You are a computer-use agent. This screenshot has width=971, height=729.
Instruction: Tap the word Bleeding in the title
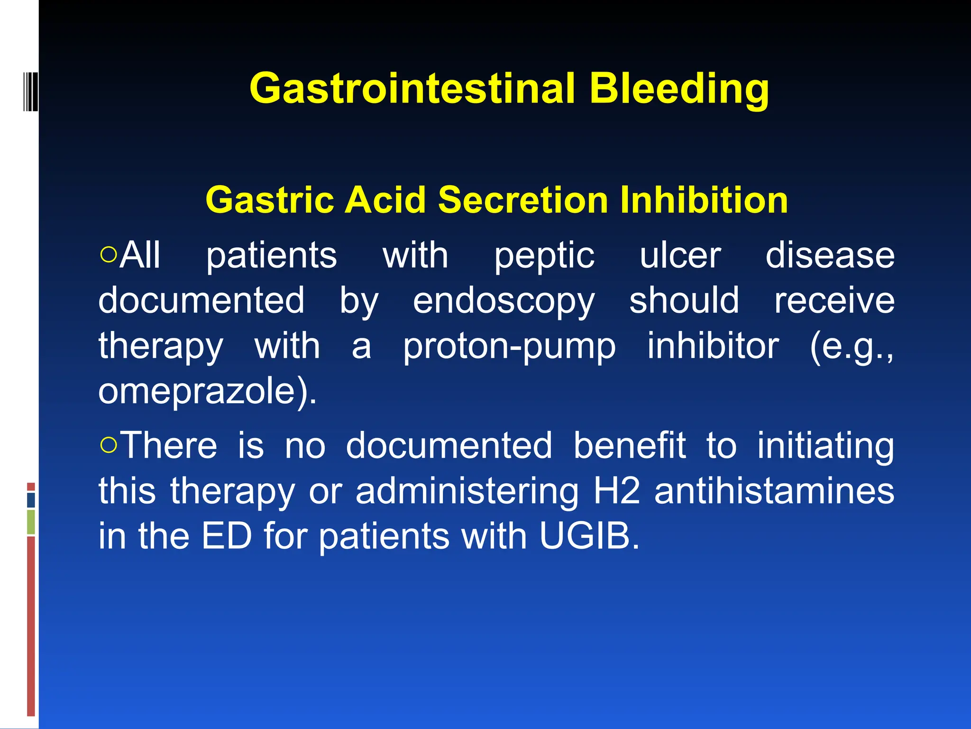click(679, 89)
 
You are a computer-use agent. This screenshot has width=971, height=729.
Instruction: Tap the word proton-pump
click(509, 346)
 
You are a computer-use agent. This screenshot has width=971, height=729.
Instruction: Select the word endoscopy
click(504, 301)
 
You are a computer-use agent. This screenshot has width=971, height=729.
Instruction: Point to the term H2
click(617, 491)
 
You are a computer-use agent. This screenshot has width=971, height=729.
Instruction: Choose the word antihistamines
click(774, 491)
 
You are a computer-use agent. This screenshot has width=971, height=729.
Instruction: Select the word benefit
click(629, 445)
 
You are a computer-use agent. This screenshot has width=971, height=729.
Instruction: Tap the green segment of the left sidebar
click(31, 522)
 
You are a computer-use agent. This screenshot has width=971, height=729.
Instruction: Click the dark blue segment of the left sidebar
click(31, 500)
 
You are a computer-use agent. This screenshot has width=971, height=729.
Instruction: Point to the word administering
click(467, 491)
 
